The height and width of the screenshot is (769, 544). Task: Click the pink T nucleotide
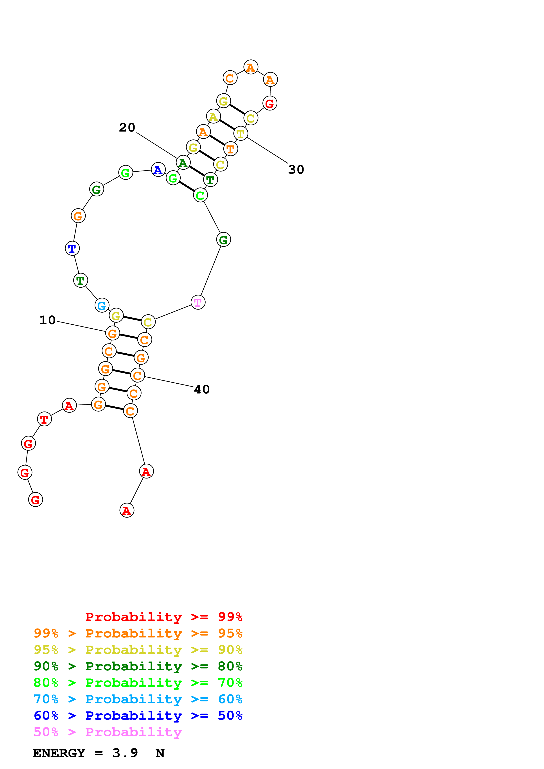pos(198,303)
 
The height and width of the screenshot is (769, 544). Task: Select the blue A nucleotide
pos(158,170)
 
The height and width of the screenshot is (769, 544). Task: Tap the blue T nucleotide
pos(72,249)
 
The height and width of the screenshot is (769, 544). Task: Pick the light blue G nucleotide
pos(102,305)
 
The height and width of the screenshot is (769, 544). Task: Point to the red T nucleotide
pos(44,419)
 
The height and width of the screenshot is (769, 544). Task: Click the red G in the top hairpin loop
pos(270,103)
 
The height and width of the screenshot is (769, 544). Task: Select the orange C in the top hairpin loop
pos(230,78)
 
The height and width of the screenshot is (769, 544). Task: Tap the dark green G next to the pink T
pos(224,239)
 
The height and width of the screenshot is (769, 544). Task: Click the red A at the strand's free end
pos(127,510)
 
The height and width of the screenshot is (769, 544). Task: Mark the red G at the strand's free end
pos(36,500)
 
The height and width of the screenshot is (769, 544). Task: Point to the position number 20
pos(127,128)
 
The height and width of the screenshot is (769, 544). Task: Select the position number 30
pos(296,169)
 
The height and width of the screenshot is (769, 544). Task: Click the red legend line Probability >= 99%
pos(163,617)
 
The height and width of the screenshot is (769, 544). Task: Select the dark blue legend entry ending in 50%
pos(138,716)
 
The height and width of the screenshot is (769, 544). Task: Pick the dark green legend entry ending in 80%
pos(138,666)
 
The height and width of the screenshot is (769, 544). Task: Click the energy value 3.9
pos(125,753)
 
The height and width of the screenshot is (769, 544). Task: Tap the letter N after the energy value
pos(160,753)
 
